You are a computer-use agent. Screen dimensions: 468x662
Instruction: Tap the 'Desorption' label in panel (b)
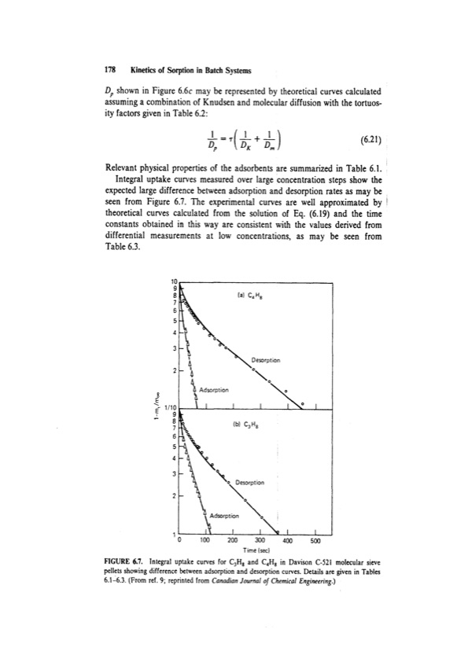(254, 484)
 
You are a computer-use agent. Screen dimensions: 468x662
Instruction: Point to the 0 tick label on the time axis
(179, 540)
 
